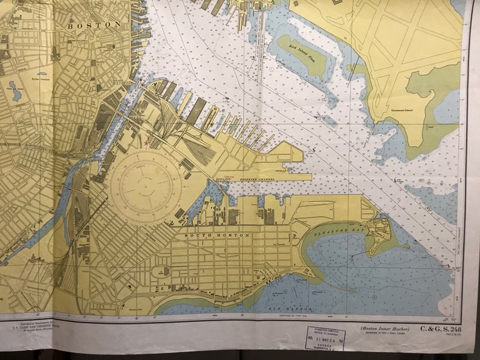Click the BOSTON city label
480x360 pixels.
tap(94, 25)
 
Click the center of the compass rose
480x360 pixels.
tap(145, 186)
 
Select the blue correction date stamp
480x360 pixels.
tap(325, 339)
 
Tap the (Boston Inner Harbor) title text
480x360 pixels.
tap(384, 329)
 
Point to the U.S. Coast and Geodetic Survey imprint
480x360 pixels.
tap(36, 329)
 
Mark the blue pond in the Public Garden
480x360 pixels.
tap(15, 92)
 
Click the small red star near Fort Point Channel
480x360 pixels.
tap(146, 143)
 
